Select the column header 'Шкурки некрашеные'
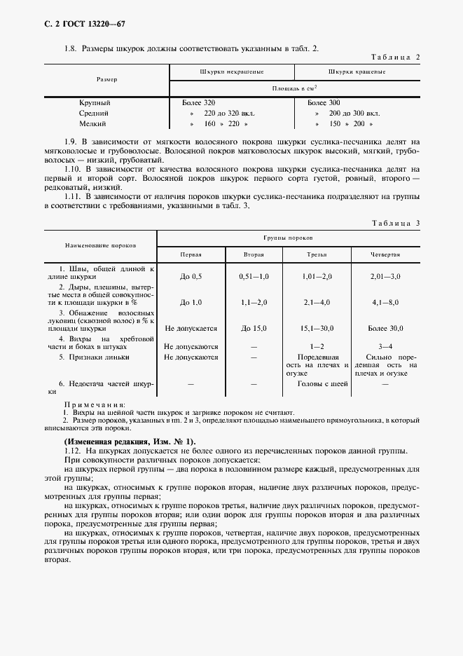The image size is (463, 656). (231, 72)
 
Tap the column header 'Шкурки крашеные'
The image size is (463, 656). (356, 72)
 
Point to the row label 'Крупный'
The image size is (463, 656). (95, 103)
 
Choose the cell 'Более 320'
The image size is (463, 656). (199, 103)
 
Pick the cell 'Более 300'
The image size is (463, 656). (325, 103)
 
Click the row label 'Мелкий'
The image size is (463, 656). (94, 123)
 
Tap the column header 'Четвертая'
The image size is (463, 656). (385, 255)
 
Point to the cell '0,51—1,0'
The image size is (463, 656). (254, 277)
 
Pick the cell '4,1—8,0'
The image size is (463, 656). (385, 302)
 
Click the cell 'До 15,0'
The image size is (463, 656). (254, 327)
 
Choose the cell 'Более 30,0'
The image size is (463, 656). (385, 327)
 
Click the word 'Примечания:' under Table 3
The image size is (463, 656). (95, 404)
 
